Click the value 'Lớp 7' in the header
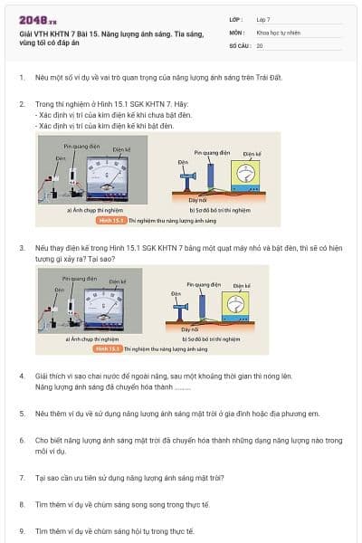(265, 19)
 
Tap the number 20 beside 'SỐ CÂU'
(260, 44)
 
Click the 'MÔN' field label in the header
(236, 32)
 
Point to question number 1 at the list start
(22, 77)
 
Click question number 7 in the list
(22, 477)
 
